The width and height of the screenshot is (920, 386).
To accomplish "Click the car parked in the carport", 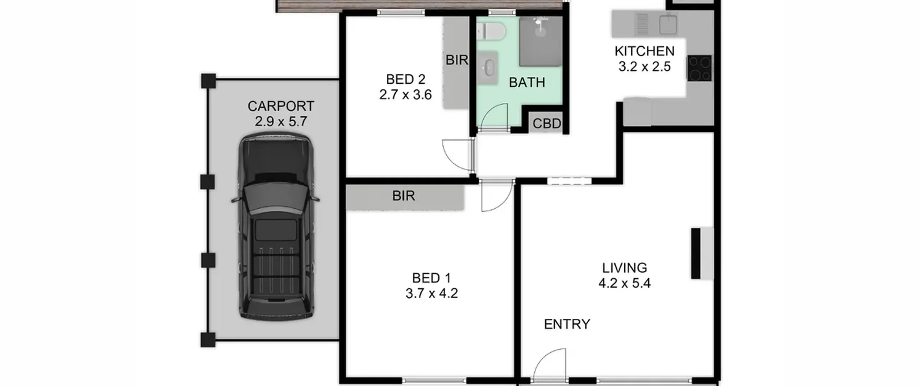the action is pos(276,226).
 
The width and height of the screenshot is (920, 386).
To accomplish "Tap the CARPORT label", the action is pos(281,106).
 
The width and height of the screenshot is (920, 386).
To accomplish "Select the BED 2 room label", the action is pos(406,79).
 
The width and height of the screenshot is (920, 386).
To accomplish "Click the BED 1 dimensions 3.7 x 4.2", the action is pos(432,293).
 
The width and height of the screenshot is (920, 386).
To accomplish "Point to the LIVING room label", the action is pos(625,268).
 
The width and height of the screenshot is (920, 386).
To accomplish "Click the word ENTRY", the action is pos(567,324).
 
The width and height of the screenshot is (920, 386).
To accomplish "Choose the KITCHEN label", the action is pos(645,51).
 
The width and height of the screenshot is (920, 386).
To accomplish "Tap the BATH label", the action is pos(527,83).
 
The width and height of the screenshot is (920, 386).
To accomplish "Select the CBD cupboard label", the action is pos(547,124).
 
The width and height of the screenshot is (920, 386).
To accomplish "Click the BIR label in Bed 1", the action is pos(404,196).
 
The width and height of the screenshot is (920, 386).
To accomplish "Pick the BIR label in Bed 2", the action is pos(457,60).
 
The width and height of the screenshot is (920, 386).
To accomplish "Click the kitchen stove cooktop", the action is pos(699,68).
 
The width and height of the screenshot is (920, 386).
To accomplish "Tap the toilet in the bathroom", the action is pos(491,31).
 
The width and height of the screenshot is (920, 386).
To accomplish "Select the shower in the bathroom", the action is pos(540,41).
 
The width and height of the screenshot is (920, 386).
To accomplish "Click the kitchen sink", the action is pos(668,24).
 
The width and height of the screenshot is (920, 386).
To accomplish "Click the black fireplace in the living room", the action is pos(696,253).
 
